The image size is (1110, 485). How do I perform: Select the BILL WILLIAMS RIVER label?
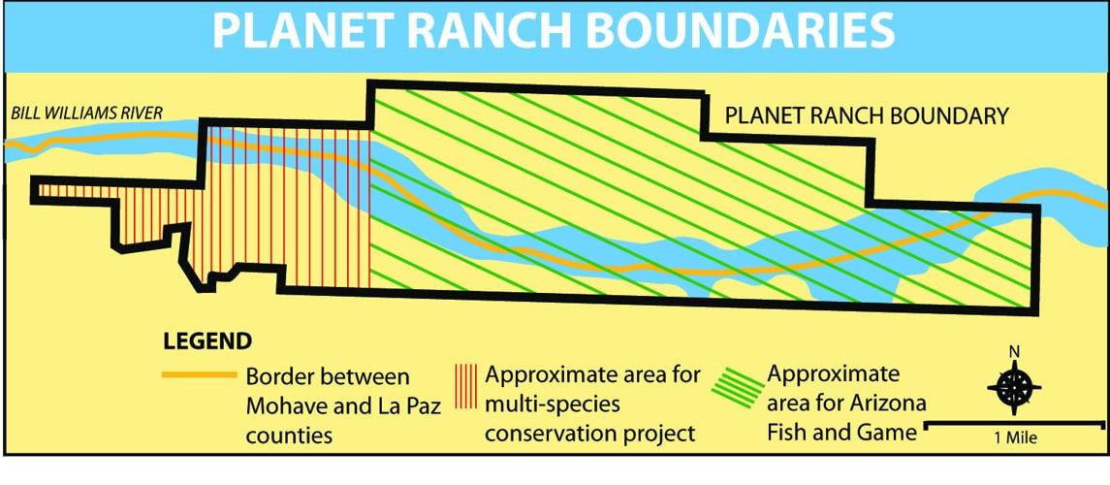tap(87, 113)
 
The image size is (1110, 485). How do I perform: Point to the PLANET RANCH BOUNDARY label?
tap(868, 116)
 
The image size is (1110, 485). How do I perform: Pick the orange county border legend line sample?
tap(198, 373)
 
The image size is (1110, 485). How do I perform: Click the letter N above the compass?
tap(1014, 352)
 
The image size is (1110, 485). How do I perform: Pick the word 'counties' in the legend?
tap(289, 436)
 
